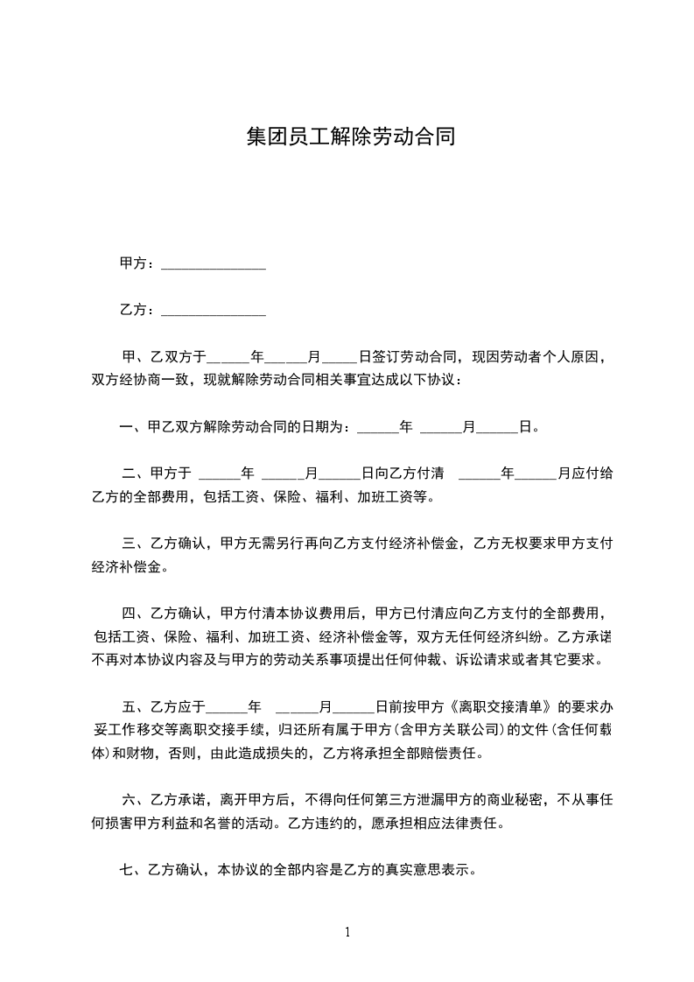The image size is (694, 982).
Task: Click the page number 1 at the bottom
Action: (347, 932)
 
